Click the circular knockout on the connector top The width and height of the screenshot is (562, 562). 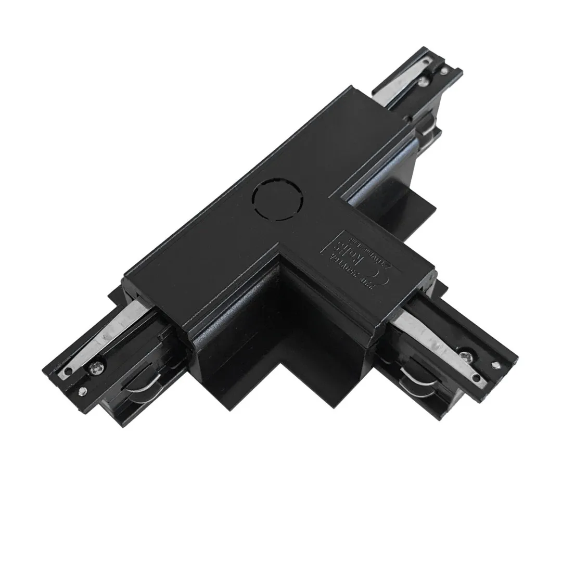point(275,198)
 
